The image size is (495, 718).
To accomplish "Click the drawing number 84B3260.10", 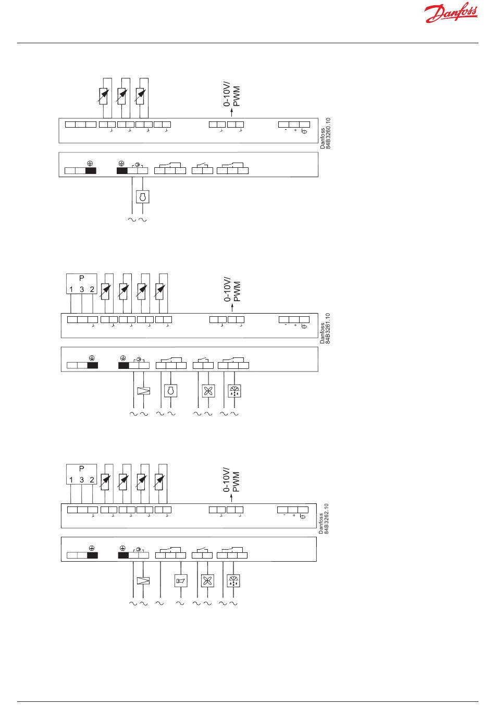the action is tap(328, 133).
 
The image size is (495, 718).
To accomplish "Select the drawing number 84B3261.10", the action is tap(328, 328).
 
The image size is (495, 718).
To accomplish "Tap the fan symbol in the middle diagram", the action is tap(208, 391).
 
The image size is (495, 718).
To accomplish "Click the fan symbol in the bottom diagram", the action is tap(207, 581).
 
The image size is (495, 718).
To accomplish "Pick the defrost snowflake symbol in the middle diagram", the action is tap(234, 391).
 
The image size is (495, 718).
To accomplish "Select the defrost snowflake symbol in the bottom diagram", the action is tap(233, 581).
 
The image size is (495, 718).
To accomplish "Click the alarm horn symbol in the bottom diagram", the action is tap(180, 581).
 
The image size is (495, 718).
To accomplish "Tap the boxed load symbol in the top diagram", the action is tap(142, 197).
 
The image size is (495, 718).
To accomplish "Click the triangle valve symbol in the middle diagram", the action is tap(143, 391).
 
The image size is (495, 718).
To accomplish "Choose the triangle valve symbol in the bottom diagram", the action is tap(143, 581).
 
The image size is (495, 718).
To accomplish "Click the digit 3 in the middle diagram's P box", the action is tap(82, 290).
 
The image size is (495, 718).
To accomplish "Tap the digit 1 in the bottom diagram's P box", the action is tap(71, 479).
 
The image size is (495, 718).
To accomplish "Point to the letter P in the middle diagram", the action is tap(82, 278).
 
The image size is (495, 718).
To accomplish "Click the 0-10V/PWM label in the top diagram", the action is tap(232, 93).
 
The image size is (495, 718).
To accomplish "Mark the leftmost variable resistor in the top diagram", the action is tap(104, 95).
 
